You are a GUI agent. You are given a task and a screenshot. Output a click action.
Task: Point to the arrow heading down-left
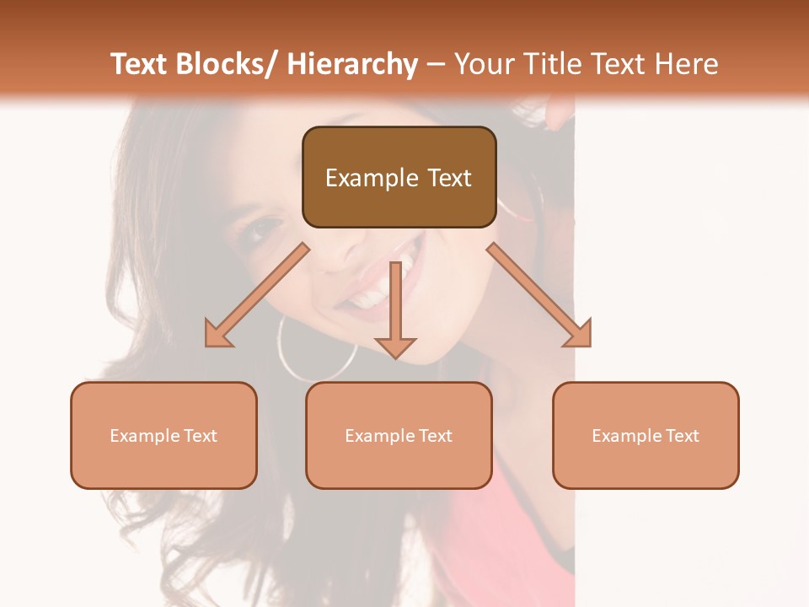(257, 295)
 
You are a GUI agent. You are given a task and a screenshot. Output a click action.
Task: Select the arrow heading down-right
(539, 295)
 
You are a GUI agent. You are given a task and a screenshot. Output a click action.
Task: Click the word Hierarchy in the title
(352, 64)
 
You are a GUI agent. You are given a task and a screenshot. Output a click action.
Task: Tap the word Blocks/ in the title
(225, 64)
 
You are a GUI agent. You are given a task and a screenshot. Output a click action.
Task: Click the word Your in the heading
(483, 64)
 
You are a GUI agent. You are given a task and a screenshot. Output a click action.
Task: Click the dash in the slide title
(436, 64)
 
